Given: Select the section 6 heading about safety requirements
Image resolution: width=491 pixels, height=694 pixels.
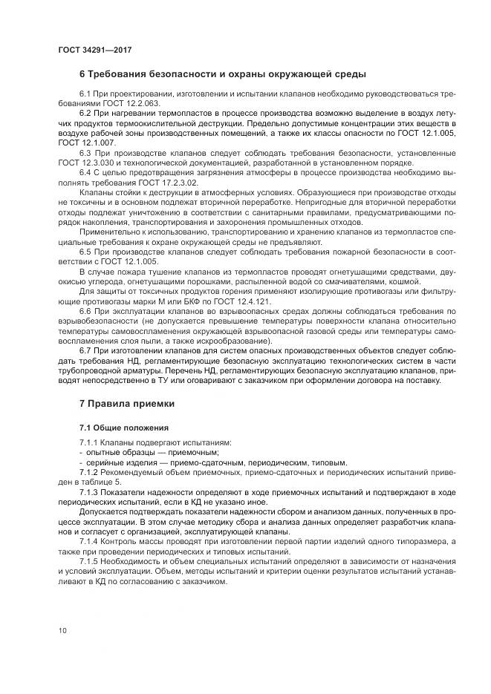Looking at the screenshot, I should [222, 75].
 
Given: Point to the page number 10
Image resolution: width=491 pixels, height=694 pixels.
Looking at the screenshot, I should [62, 630].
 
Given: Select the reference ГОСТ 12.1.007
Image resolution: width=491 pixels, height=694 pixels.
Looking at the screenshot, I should [86, 142].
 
